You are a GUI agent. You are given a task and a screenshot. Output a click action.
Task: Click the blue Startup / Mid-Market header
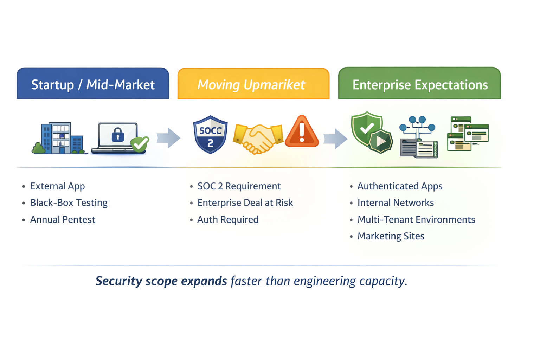pos(93,84)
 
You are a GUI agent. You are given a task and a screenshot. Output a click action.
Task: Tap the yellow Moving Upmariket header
pos(253,84)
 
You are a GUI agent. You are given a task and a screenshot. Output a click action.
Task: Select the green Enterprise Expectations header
pos(419,84)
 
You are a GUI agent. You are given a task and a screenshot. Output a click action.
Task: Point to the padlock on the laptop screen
pos(118,135)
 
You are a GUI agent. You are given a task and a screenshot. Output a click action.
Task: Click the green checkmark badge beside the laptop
pos(140,143)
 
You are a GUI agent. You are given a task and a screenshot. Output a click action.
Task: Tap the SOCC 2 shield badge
pos(210,135)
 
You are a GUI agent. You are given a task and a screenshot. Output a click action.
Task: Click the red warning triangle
pos(302,132)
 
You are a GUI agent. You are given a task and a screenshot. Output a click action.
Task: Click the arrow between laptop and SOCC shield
pos(169,137)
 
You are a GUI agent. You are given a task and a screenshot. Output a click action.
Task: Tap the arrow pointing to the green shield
pos(335,138)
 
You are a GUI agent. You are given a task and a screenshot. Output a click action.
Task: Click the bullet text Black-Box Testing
pos(69,203)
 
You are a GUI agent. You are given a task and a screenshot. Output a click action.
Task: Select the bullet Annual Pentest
pos(63,220)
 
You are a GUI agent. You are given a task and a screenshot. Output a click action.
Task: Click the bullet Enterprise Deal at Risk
pos(245,203)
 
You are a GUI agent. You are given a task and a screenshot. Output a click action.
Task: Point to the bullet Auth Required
pos(228,220)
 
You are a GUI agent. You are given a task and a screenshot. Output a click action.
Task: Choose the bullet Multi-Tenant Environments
pos(416,220)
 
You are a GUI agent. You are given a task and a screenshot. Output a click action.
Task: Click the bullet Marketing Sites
pos(391,236)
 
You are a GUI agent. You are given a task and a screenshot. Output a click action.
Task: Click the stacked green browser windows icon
pos(468,134)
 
